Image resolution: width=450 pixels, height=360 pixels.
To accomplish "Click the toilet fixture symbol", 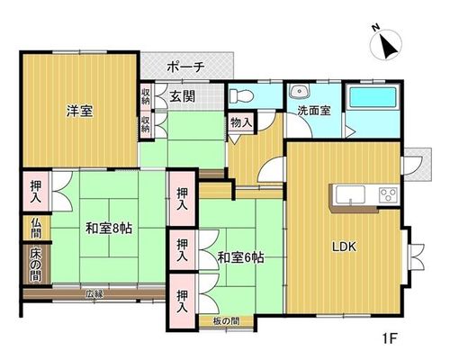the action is pyautogui.click(x=241, y=96).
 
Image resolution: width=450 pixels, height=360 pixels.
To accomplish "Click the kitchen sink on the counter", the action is pyautogui.click(x=350, y=195).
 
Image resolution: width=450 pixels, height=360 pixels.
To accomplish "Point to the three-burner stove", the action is pyautogui.click(x=389, y=194).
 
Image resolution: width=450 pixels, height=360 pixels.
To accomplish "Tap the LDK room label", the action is pyautogui.click(x=344, y=247).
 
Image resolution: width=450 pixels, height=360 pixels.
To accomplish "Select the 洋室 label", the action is pyautogui.click(x=79, y=111).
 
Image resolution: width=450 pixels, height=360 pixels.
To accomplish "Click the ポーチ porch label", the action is pyautogui.click(x=186, y=67).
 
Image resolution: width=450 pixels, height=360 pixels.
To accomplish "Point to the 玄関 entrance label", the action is pyautogui.click(x=183, y=96).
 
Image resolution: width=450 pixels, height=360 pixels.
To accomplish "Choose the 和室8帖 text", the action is pyautogui.click(x=109, y=229).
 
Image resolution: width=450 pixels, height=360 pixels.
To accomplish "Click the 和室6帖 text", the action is pyautogui.click(x=240, y=257).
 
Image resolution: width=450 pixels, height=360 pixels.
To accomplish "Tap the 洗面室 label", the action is pyautogui.click(x=314, y=111).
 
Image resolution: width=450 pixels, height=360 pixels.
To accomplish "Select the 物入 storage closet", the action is pyautogui.click(x=241, y=122).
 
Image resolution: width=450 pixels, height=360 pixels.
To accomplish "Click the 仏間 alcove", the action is pyautogui.click(x=36, y=228).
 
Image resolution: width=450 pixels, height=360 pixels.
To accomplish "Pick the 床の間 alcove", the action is pyautogui.click(x=36, y=265).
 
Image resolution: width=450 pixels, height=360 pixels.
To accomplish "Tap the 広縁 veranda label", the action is pyautogui.click(x=94, y=294).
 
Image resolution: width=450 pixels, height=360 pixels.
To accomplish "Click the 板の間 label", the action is pyautogui.click(x=227, y=321).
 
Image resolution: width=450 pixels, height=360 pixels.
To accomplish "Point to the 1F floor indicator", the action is pyautogui.click(x=390, y=339).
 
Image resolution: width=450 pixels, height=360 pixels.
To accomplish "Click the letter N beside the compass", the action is pyautogui.click(x=375, y=28).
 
